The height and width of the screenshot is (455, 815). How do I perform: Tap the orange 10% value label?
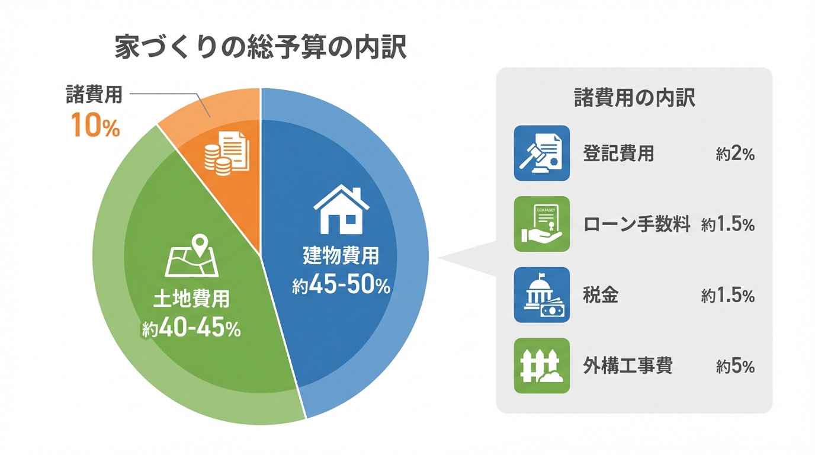pyautogui.click(x=95, y=126)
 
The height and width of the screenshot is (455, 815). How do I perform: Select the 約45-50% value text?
pyautogui.click(x=341, y=286)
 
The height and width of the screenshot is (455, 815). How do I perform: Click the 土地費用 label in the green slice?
pyautogui.click(x=191, y=300)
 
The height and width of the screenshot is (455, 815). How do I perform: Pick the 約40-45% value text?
pyautogui.click(x=191, y=329)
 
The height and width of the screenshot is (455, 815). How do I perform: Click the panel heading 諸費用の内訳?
pyautogui.click(x=634, y=98)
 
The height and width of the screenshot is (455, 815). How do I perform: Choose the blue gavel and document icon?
pyautogui.click(x=541, y=153)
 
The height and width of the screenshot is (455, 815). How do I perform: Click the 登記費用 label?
pyautogui.click(x=619, y=154)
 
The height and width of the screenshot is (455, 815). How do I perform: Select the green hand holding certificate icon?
pyautogui.click(x=541, y=224)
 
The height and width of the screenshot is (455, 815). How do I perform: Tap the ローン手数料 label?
pyautogui.click(x=637, y=225)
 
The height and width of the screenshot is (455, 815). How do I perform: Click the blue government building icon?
pyautogui.click(x=541, y=294)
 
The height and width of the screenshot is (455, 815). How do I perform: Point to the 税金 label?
pyautogui.click(x=601, y=296)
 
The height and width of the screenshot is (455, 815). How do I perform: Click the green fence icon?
pyautogui.click(x=541, y=366)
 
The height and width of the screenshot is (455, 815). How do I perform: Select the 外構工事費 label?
pyautogui.click(x=628, y=366)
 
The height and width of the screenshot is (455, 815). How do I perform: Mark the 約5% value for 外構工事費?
pyautogui.click(x=735, y=367)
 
